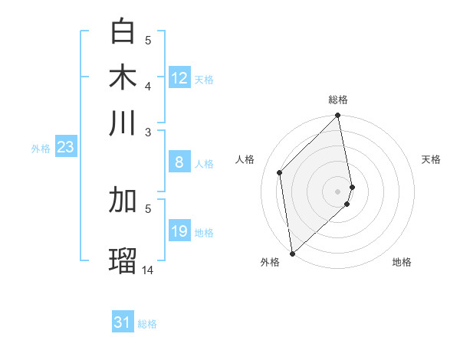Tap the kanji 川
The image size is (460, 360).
[123, 123]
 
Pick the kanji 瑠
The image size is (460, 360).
[123, 260]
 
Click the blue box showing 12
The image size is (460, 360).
[179, 78]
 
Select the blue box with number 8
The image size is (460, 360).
[179, 162]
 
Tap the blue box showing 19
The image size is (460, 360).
[179, 231]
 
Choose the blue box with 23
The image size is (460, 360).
[64, 147]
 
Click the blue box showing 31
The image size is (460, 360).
[123, 322]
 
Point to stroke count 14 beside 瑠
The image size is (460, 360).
[148, 270]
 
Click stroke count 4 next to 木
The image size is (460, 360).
[148, 86]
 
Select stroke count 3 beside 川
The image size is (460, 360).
[148, 133]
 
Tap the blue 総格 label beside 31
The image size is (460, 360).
[147, 324]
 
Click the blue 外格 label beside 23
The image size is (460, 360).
[41, 149]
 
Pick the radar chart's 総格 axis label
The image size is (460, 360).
[338, 100]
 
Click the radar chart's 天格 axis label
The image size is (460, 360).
[432, 159]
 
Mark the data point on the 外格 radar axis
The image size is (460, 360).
[292, 253]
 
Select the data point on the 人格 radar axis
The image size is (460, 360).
[280, 172]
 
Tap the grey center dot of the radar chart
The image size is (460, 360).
[338, 191]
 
